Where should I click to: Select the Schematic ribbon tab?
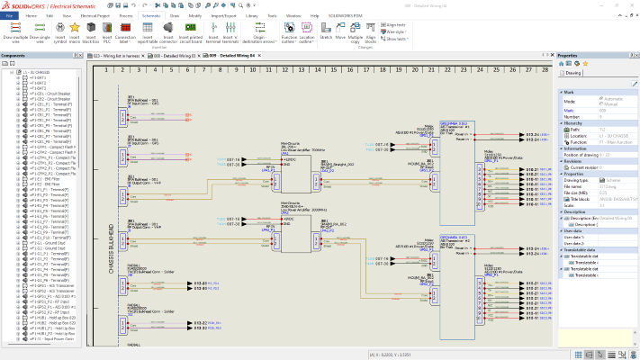click(151, 16)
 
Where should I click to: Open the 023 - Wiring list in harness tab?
click(118, 56)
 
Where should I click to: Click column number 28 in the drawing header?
click(544, 69)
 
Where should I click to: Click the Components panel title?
click(14, 56)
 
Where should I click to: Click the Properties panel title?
click(569, 56)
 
